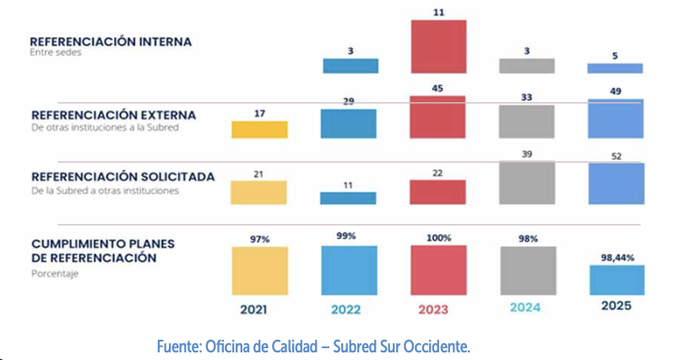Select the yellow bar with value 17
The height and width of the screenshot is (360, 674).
[x=259, y=129]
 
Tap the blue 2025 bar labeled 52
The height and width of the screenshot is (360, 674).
[x=615, y=183]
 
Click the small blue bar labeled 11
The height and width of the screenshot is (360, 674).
[x=348, y=198]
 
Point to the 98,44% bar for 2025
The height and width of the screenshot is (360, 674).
[x=615, y=279]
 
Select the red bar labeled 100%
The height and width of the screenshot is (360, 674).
[x=438, y=270]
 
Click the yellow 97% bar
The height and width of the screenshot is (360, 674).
[x=259, y=270]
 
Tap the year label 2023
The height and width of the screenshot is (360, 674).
[x=438, y=308]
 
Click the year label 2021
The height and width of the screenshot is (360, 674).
[x=259, y=308]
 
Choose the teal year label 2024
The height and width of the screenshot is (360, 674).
[x=527, y=308]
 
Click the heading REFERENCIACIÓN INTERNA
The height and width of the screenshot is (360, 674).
[x=111, y=41]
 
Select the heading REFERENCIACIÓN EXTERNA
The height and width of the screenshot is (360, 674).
[x=113, y=115]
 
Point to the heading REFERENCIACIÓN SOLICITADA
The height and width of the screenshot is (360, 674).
[x=122, y=177]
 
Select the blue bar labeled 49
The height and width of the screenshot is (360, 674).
[x=615, y=118]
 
